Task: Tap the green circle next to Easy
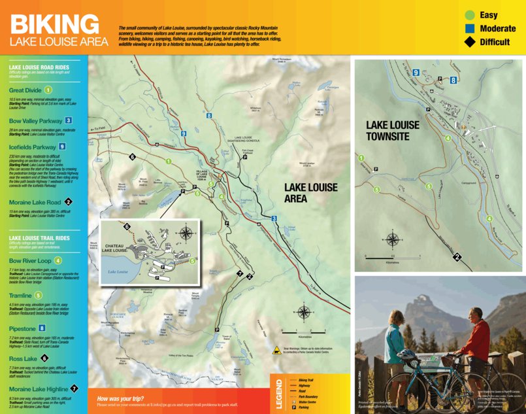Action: point(468,14)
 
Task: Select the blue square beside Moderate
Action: point(468,28)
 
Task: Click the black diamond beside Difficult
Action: point(468,42)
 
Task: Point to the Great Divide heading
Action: point(25,90)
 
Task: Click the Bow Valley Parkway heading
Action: point(35,121)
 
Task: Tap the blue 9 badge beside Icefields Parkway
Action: point(62,147)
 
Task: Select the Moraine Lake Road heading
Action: point(35,203)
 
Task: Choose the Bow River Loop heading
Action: point(30,260)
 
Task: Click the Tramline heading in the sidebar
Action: point(20,296)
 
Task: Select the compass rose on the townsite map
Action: point(393,239)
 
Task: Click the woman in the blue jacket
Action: point(395,343)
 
